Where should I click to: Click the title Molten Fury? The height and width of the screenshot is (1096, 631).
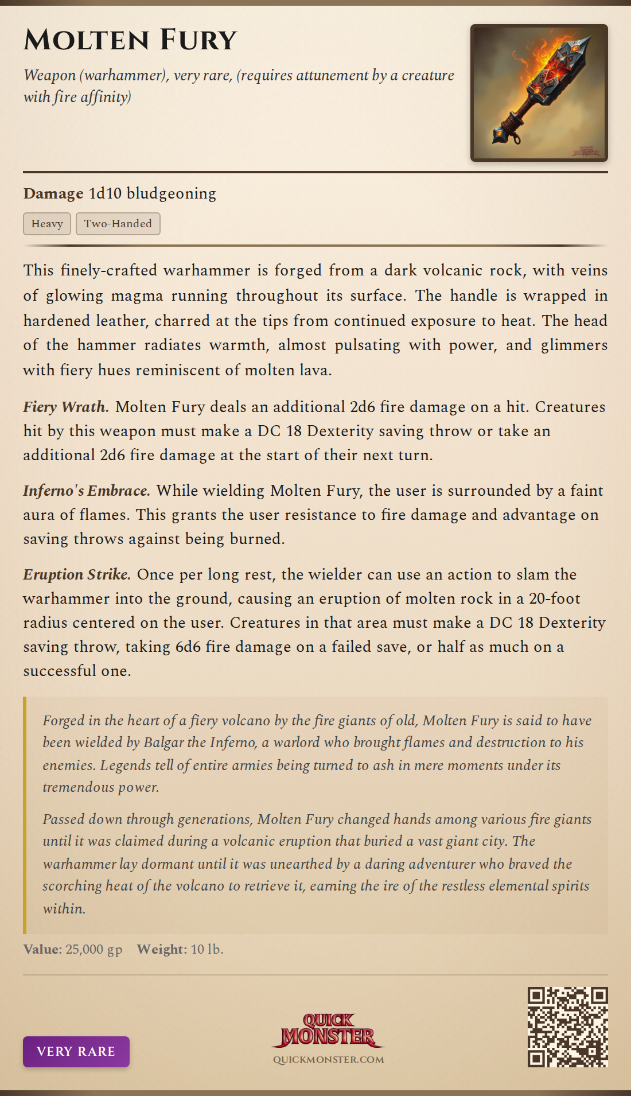[x=130, y=40]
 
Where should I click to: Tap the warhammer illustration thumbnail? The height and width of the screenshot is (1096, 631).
[x=539, y=93]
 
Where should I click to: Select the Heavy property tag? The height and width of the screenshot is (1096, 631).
[x=47, y=224]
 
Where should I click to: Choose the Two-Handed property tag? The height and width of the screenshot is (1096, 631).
[x=118, y=224]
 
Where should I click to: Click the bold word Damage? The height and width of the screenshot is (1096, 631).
[x=53, y=193]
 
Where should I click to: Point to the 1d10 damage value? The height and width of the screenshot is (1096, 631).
[x=105, y=193]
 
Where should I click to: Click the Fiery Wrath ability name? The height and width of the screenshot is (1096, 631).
[x=65, y=407]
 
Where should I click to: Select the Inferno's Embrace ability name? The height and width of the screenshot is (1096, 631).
[x=86, y=491]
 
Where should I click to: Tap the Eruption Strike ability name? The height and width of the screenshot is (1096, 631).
[x=76, y=574]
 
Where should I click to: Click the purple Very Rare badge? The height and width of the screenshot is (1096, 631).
[x=76, y=1051]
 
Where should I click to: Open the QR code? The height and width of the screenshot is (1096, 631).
[x=567, y=1027]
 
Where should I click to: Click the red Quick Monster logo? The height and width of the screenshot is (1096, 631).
[x=328, y=1030]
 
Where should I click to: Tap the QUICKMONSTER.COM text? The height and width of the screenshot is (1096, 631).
[x=328, y=1060]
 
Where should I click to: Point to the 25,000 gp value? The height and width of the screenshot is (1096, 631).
[x=94, y=949]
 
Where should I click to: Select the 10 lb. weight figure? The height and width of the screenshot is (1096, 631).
[x=207, y=949]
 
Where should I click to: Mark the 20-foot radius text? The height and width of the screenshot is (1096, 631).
[x=554, y=598]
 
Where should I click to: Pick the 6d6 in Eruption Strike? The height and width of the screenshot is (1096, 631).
[x=188, y=647]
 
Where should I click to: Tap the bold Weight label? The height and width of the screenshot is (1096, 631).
[x=161, y=949]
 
